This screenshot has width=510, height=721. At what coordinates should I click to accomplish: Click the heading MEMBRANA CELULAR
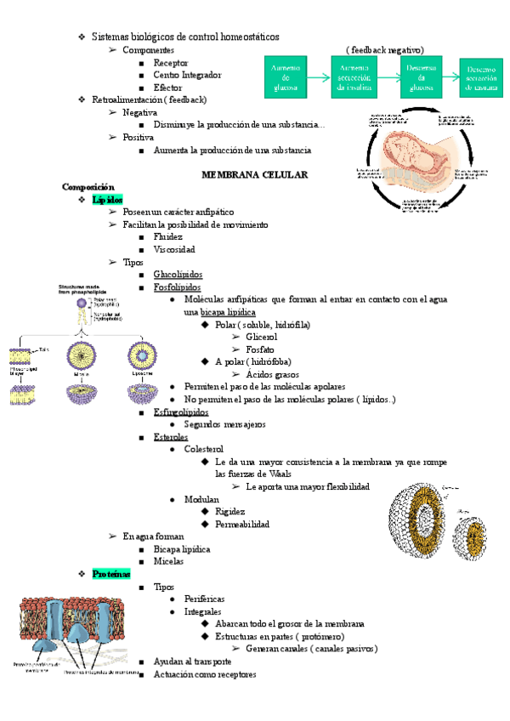(254, 173)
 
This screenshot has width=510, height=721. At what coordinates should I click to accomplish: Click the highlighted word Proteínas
(110, 574)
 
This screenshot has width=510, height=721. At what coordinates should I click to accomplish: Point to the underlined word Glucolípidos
(178, 275)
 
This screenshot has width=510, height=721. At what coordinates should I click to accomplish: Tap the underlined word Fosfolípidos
(177, 287)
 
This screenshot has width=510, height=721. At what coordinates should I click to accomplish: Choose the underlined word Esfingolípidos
(181, 412)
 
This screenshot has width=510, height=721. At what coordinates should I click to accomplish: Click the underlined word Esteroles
(171, 436)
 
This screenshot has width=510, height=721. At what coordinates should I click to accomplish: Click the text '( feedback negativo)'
(385, 49)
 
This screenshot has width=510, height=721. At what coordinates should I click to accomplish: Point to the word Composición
(88, 185)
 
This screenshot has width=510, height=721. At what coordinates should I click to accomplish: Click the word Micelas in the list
(167, 561)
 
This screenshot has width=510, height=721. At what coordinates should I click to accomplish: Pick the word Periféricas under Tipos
(205, 599)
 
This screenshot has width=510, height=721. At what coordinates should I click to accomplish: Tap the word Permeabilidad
(242, 524)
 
